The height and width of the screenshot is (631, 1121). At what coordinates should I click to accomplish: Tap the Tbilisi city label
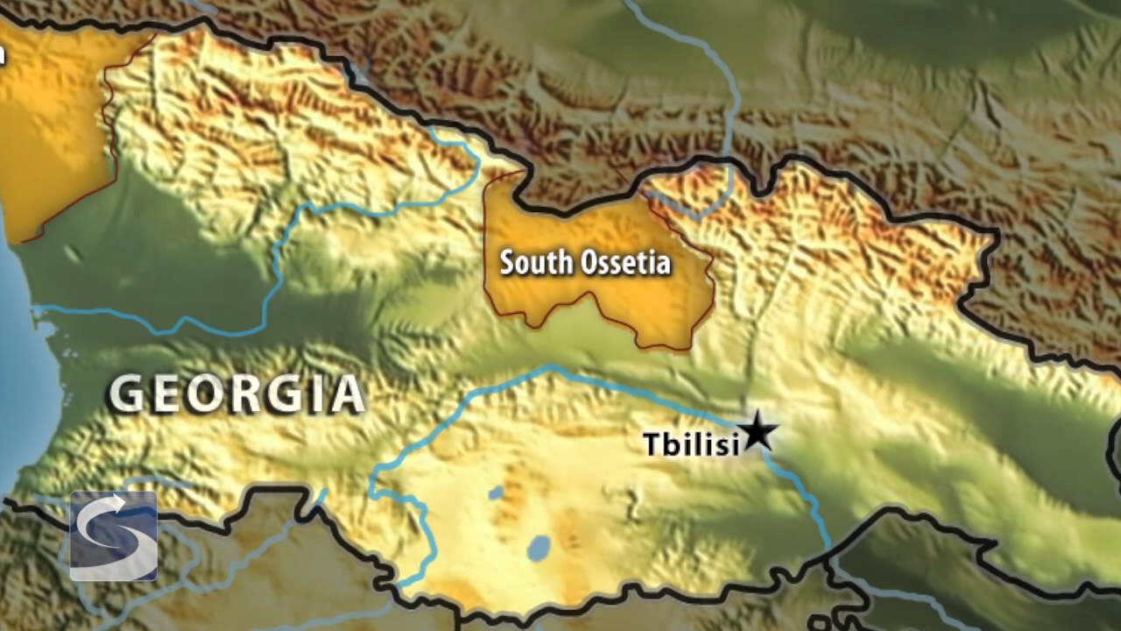click(x=691, y=444)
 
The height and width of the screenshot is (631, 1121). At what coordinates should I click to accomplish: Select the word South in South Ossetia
click(x=528, y=262)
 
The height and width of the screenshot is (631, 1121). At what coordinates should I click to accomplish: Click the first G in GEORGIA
click(x=126, y=395)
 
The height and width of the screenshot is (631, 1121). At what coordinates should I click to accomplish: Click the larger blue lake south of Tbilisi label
click(x=539, y=549)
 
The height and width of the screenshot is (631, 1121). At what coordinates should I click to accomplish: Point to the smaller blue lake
click(x=496, y=493)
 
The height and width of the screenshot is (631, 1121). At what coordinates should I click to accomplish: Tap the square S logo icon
click(x=113, y=535)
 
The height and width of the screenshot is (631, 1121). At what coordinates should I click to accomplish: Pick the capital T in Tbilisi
click(x=652, y=444)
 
